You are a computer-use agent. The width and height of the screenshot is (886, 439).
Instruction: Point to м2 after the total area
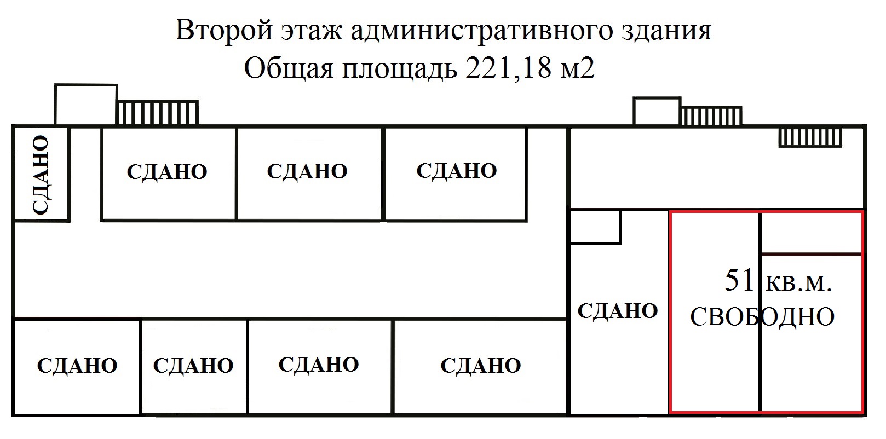(578, 70)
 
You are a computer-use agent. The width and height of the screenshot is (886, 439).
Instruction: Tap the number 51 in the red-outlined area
(739, 280)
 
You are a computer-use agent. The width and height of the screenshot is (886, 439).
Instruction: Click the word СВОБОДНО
(762, 317)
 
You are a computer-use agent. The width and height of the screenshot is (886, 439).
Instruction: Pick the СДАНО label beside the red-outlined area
(618, 311)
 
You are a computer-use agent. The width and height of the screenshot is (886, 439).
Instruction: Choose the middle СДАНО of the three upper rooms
(307, 171)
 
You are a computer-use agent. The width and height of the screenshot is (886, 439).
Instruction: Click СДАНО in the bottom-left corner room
(77, 366)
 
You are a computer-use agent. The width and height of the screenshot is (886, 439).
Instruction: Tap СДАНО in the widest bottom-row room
(480, 366)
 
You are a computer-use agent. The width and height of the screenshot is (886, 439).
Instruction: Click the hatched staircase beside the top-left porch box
(158, 112)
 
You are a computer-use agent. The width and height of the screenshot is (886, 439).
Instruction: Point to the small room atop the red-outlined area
(811, 233)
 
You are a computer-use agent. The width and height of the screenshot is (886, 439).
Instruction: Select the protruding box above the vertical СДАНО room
(86, 104)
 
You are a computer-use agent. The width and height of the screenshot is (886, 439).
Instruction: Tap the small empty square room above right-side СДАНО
(595, 227)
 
